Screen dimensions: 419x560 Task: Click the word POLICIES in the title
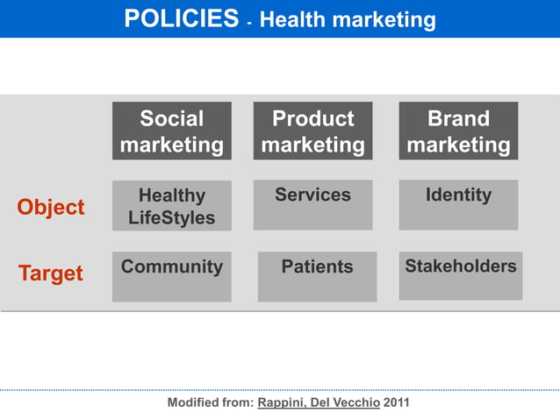[181, 18]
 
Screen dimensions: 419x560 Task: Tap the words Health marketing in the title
[348, 19]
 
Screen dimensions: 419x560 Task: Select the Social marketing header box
[172, 131]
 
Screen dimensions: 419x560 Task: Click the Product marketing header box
[312, 131]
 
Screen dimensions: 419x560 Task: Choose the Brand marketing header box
[458, 131]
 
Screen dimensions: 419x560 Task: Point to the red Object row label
[51, 207]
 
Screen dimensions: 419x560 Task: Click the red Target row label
[51, 273]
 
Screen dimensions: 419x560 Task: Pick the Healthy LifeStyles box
[172, 206]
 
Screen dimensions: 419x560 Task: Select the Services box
[312, 205]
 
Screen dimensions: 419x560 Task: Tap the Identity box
[458, 205]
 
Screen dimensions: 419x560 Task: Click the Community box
[172, 276]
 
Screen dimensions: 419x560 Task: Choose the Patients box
[317, 276]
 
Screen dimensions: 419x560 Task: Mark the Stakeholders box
[461, 275]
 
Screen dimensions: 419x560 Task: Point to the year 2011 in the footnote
[396, 402]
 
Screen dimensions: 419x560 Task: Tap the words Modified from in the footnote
[210, 402]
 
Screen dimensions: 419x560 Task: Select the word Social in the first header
[172, 118]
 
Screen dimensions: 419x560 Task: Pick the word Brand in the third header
[458, 118]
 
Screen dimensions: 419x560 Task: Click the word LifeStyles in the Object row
[172, 217]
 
